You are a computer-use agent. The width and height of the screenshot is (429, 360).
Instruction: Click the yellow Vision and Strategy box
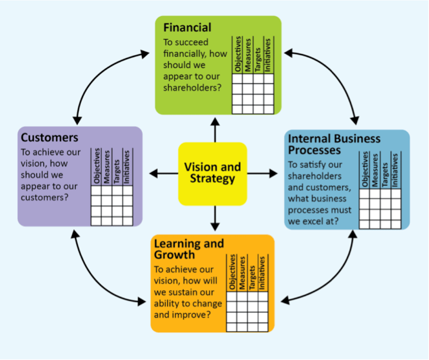[213, 173]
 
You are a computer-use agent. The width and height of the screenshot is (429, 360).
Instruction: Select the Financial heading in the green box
[187, 27]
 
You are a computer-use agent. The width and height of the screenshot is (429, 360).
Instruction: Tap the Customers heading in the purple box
[49, 138]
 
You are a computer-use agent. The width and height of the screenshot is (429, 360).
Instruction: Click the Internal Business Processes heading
[334, 144]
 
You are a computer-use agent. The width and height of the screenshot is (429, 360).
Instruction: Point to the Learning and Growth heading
[188, 248]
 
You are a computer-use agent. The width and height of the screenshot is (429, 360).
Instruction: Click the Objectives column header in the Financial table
[237, 55]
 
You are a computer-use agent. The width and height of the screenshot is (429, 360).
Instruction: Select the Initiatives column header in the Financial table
[268, 55]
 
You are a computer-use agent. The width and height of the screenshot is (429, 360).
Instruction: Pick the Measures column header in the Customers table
[106, 166]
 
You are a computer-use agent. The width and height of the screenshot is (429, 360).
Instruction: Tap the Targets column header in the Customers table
[117, 166]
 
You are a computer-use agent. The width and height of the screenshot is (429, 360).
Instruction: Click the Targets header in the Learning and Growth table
[252, 273]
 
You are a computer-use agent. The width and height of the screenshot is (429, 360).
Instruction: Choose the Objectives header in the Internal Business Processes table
[365, 170]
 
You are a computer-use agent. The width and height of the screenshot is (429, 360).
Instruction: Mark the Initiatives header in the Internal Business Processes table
[395, 170]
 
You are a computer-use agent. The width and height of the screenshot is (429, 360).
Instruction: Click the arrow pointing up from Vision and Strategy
[215, 129]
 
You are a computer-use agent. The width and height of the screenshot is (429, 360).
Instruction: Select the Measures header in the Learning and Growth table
[242, 273]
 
